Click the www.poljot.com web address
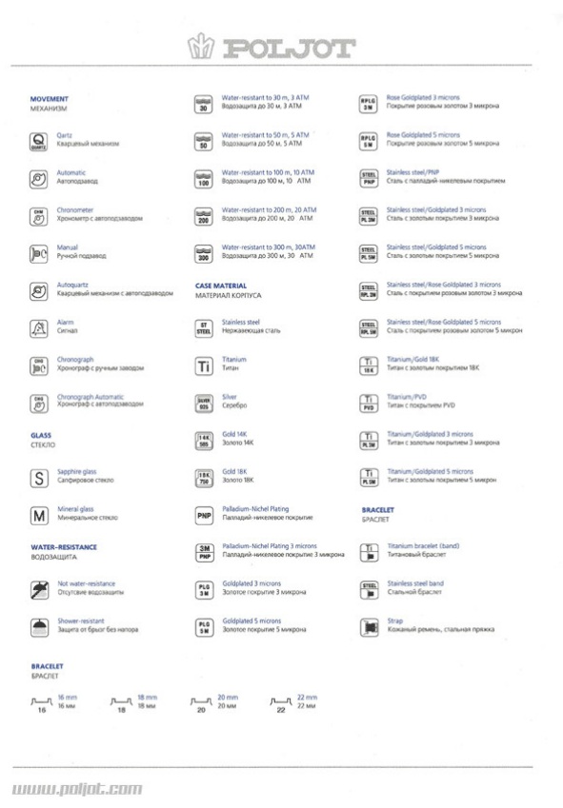78,789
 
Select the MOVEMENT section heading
50,99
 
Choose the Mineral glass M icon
39,516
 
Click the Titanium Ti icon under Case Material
203,365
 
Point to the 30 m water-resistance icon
203,104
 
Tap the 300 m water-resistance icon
203,253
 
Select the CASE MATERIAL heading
221,286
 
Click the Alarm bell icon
39,327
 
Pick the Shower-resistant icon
39,627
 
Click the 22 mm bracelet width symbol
281,705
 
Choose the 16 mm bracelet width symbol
41,705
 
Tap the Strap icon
369,627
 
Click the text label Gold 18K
234,471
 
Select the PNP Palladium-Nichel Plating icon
203,516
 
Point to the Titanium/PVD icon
369,403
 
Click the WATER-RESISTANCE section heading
64,547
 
